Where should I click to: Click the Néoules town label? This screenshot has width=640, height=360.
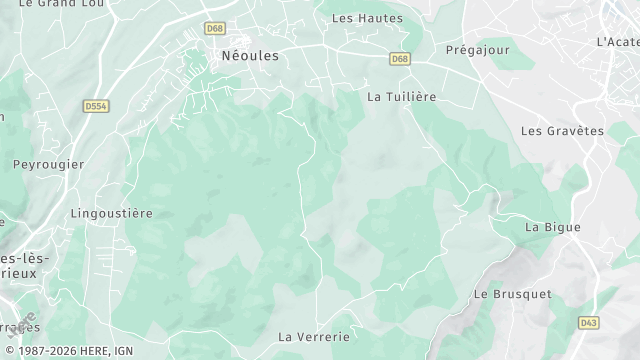(249, 57)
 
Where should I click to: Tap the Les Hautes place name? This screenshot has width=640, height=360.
(366, 18)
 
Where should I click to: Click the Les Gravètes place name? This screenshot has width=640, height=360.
(562, 131)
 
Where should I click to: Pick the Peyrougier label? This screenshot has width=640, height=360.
(48, 164)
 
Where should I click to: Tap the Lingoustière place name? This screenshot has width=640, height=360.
(112, 213)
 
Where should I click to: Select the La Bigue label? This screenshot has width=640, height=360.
(552, 227)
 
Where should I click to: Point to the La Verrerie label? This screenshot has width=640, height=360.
(313, 336)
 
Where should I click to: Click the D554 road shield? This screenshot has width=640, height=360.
(97, 105)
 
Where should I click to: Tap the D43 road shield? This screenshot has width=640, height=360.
(590, 323)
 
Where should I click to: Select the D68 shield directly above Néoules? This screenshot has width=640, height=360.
(215, 28)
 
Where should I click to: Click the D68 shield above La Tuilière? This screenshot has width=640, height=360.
(400, 59)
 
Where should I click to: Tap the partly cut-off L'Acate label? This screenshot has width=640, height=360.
(617, 42)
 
